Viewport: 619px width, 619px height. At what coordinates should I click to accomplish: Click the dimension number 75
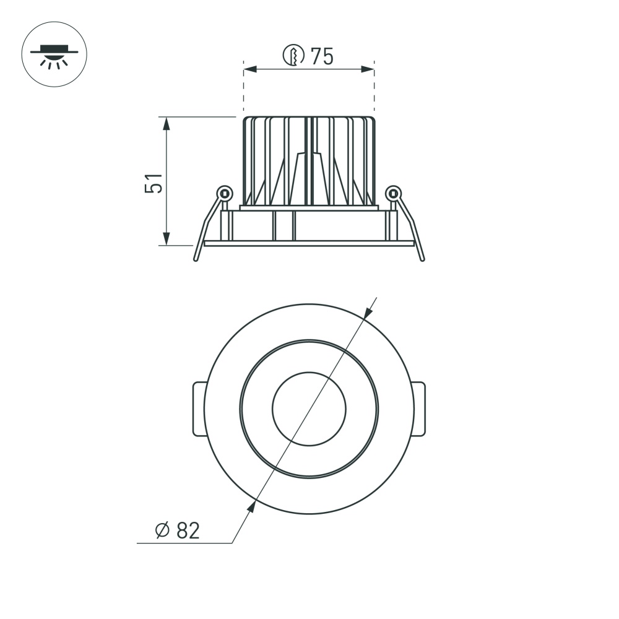322,56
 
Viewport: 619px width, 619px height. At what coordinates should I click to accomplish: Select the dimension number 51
155,183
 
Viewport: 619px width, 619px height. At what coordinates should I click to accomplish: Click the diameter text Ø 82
178,530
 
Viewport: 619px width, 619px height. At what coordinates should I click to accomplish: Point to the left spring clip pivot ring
225,193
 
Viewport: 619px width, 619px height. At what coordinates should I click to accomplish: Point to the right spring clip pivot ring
393,193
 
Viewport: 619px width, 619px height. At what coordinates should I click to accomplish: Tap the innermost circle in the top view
309,409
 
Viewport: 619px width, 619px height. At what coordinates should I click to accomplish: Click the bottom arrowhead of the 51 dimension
167,238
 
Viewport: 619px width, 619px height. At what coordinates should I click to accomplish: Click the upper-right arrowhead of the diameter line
368,311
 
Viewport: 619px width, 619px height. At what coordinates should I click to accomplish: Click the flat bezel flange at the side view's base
309,243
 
